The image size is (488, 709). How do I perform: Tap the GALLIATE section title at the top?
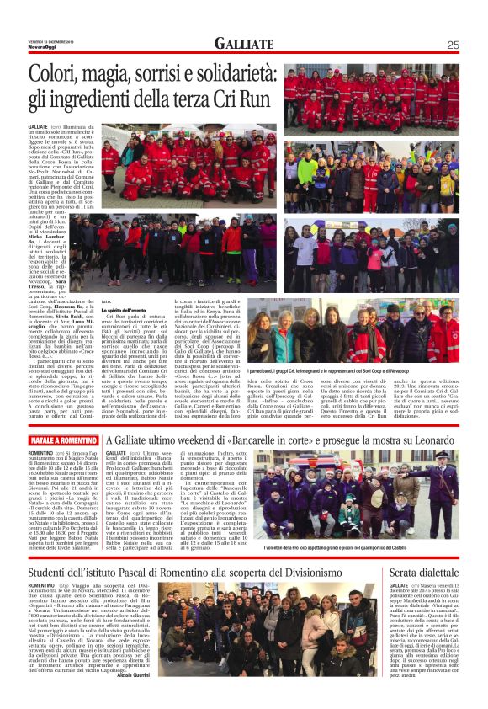[243, 44]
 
